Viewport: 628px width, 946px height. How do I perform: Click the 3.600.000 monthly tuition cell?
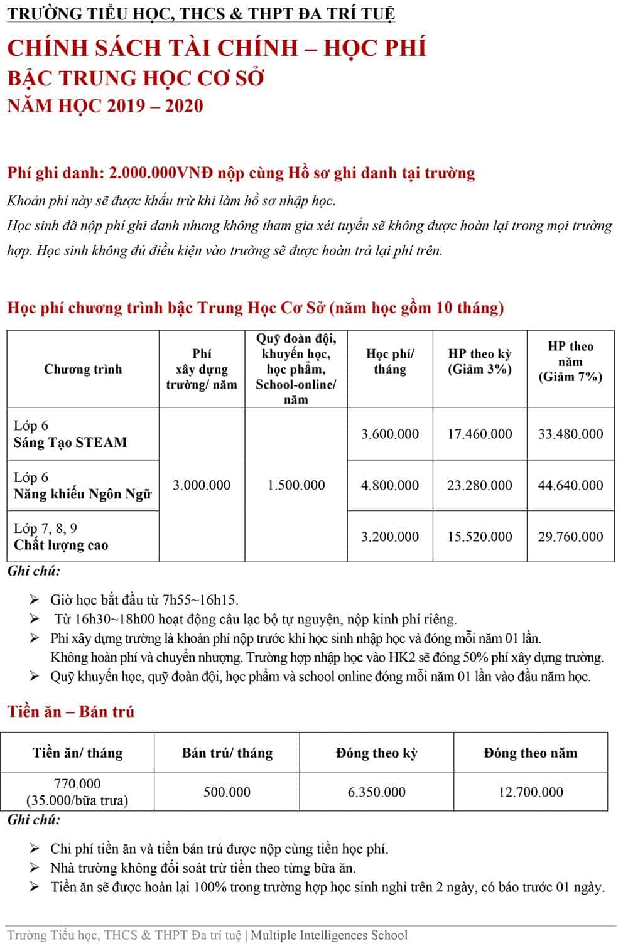389,434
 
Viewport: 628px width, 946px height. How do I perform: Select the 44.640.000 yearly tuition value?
570,485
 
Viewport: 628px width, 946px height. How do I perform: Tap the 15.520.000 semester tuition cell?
480,537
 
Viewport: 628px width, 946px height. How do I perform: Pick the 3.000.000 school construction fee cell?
202,485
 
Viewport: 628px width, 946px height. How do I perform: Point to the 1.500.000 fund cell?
296,485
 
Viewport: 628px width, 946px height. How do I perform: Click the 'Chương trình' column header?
83,369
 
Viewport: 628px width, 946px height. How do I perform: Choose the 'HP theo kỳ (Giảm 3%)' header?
480,362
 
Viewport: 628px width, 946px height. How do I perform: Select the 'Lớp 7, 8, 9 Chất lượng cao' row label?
61,537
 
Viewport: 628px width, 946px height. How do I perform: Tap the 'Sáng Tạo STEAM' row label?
70,442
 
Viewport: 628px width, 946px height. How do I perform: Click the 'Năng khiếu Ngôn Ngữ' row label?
83,494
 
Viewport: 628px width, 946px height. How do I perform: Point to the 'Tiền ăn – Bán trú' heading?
71,711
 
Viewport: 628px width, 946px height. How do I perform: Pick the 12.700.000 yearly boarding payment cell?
531,792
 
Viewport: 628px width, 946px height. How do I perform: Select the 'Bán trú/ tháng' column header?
227,753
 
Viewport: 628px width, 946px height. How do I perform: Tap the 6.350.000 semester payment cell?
377,792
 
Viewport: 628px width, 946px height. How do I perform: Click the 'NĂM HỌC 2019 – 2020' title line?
106,105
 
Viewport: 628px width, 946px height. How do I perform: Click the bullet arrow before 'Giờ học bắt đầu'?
35,600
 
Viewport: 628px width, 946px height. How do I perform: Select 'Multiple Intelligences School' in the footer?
329,935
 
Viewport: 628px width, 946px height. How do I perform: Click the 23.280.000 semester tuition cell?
480,485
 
